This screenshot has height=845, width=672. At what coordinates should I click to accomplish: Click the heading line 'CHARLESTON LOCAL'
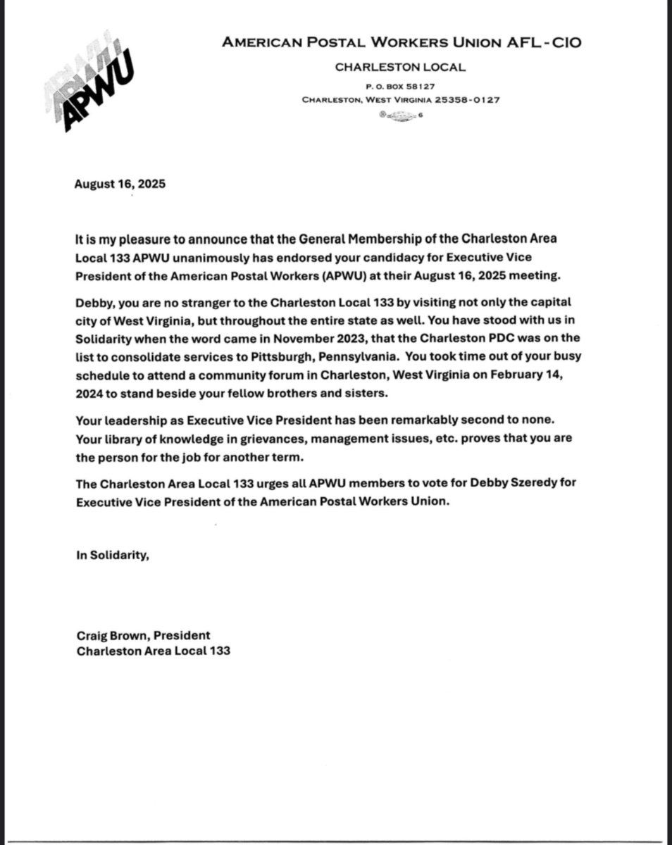click(x=400, y=68)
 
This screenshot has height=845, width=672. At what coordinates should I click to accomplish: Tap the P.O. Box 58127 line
click(x=400, y=86)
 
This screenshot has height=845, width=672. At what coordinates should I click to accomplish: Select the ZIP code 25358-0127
click(x=467, y=99)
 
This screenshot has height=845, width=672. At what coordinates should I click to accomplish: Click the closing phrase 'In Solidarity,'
click(x=113, y=555)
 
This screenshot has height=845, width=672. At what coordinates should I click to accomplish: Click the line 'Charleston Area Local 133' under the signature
click(x=154, y=651)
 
